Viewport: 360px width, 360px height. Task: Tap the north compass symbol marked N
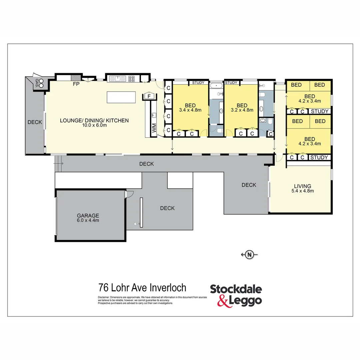[249, 255]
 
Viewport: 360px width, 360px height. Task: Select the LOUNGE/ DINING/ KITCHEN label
[94, 120]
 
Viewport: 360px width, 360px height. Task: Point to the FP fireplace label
[76, 84]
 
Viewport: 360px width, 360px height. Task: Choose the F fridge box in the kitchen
[149, 96]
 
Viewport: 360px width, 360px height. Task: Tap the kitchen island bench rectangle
[121, 97]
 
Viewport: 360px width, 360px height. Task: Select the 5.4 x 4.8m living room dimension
[302, 191]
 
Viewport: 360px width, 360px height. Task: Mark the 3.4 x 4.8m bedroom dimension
[190, 110]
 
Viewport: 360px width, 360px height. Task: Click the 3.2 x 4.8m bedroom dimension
[242, 110]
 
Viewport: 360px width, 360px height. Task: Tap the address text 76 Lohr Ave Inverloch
[142, 287]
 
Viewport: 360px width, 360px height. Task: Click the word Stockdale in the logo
[236, 289]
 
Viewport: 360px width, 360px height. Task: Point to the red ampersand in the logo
[224, 301]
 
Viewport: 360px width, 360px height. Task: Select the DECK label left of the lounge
[35, 122]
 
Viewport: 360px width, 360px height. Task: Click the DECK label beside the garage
[167, 208]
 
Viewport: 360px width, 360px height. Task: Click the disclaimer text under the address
[152, 300]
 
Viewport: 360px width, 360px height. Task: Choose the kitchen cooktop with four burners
[131, 79]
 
